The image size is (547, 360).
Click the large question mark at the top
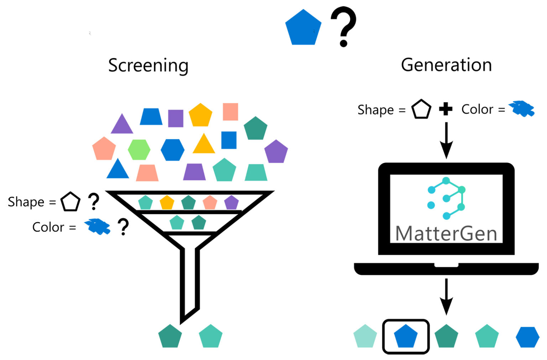coord(343,27)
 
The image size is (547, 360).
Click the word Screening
coord(148,66)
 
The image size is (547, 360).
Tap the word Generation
coord(446,65)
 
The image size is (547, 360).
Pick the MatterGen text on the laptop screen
coord(446,234)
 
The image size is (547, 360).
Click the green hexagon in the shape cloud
coord(139,150)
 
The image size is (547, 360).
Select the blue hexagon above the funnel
coord(172,150)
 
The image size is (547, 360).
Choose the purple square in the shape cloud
coord(176,118)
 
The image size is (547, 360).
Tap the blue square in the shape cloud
coord(229,140)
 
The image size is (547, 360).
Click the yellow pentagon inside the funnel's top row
coord(167,203)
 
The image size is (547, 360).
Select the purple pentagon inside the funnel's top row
coord(231,203)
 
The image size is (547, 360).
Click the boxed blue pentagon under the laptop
coord(406,336)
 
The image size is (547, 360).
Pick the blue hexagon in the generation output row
coord(527,337)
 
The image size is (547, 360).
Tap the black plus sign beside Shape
coord(446,109)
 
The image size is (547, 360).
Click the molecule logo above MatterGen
coord(446,198)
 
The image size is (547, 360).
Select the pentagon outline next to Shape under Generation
coord(421,110)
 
